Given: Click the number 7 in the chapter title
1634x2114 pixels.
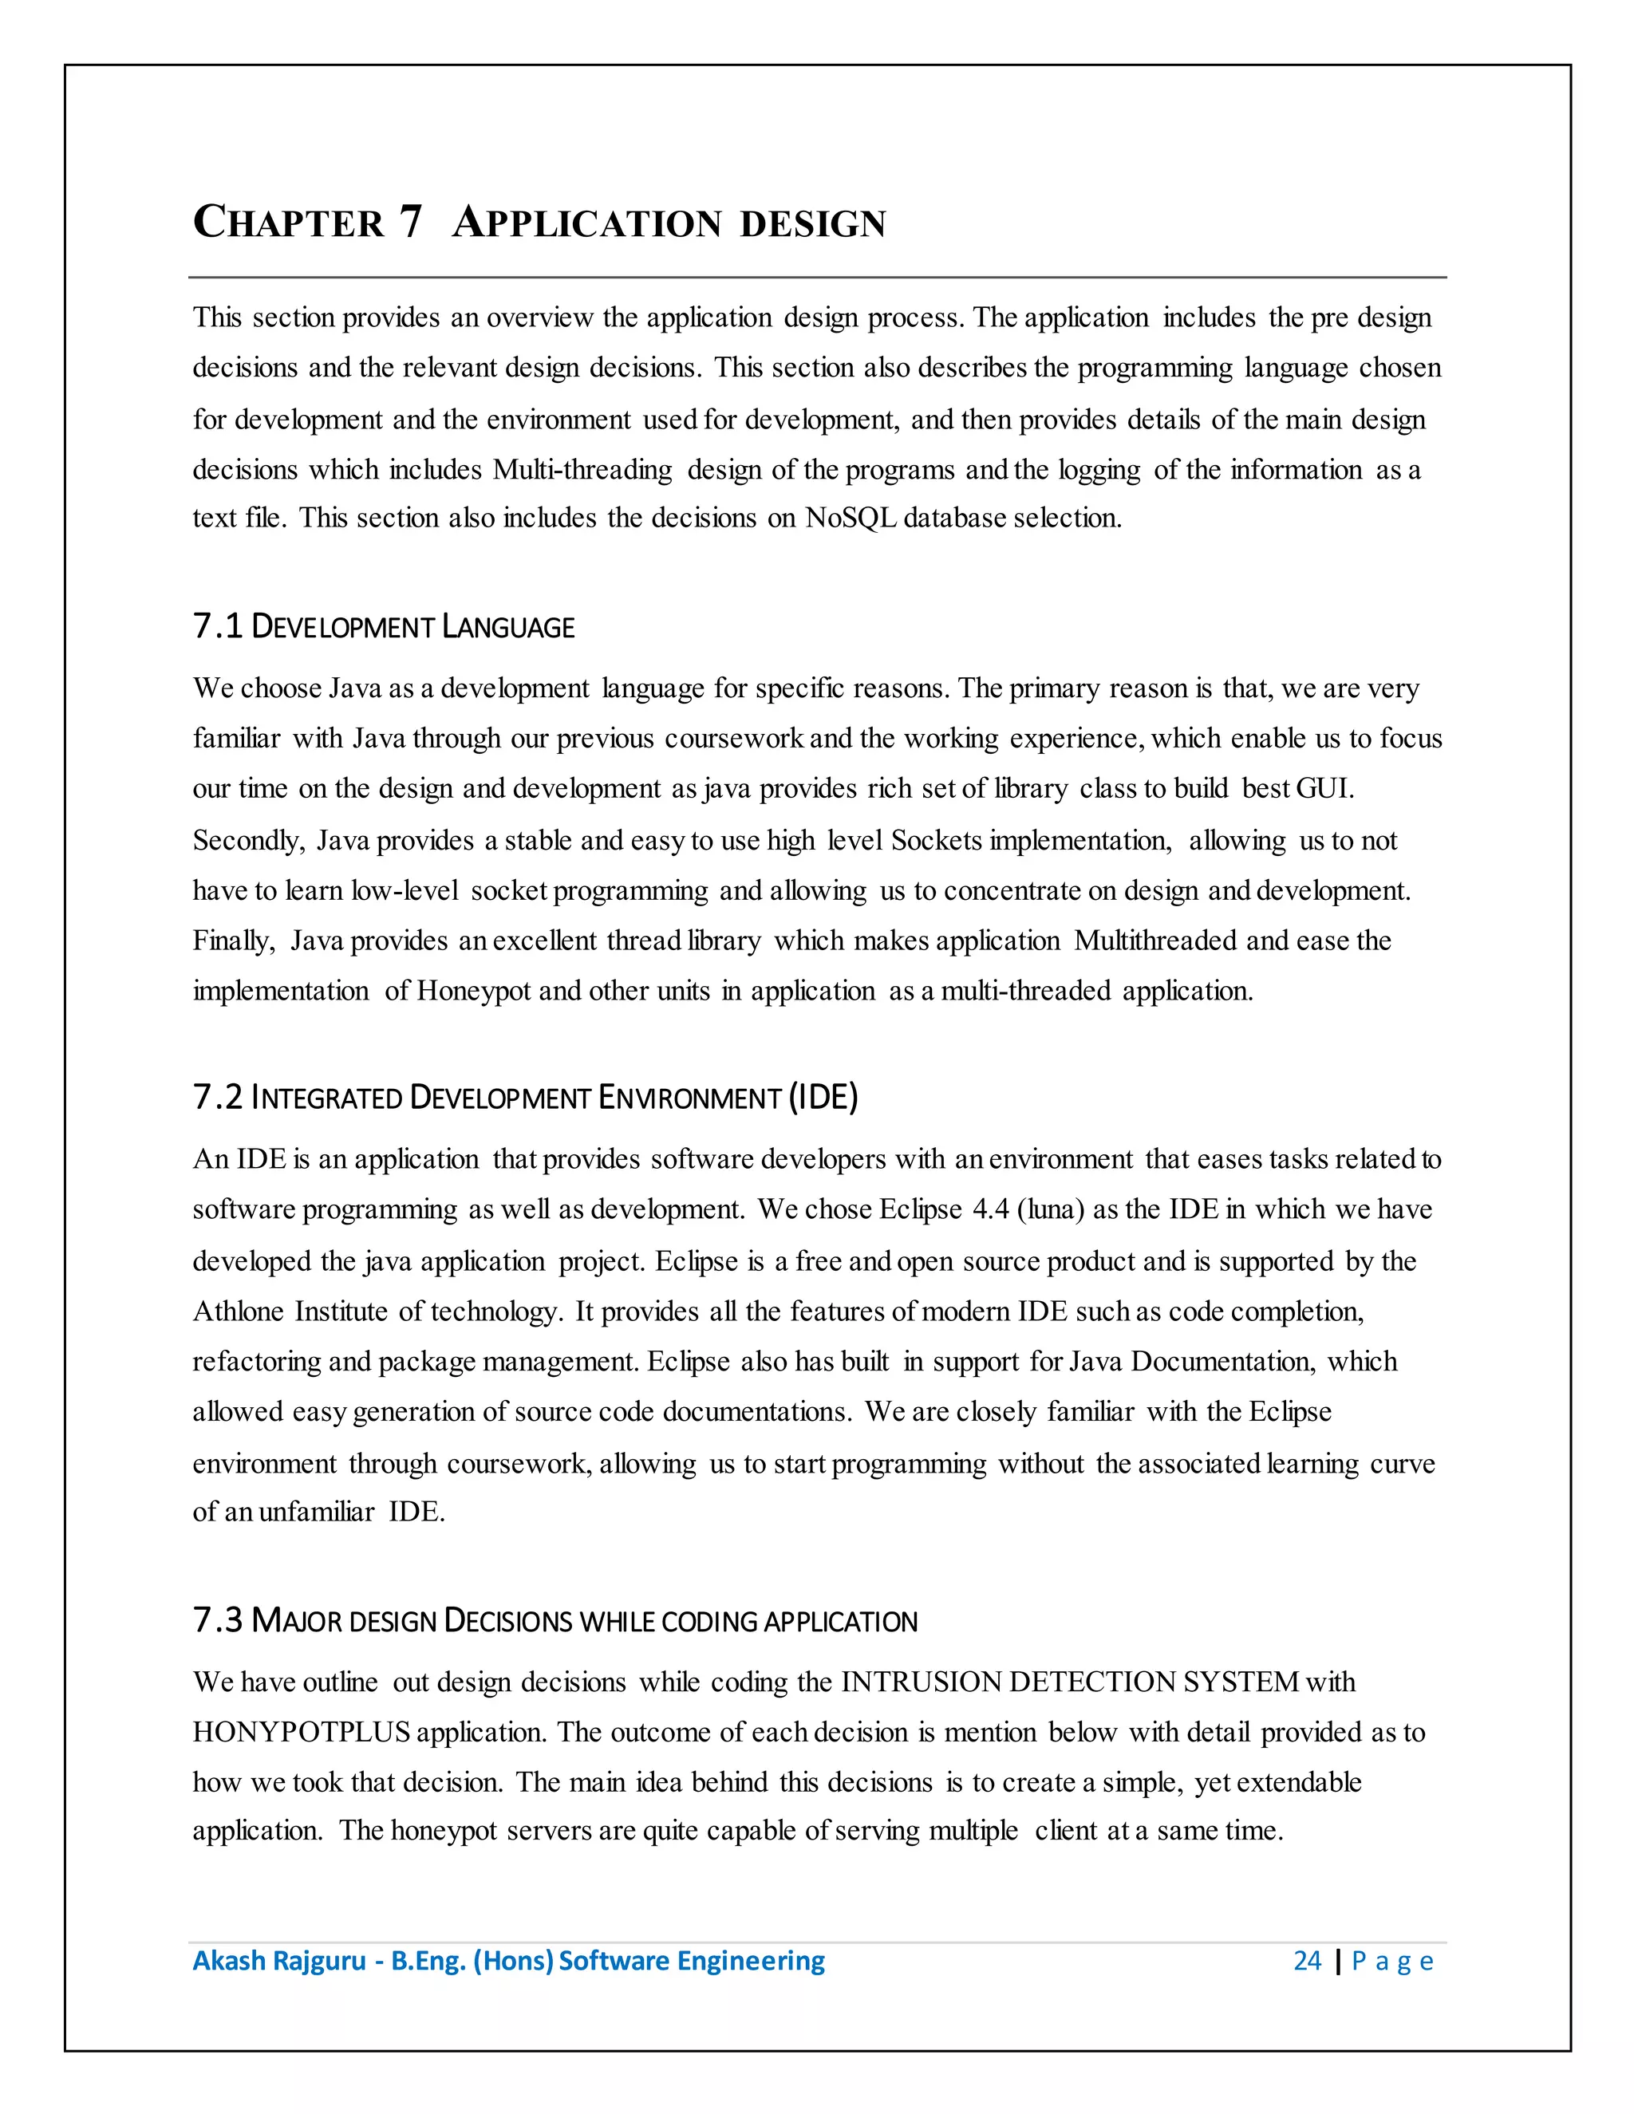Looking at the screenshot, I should tap(409, 222).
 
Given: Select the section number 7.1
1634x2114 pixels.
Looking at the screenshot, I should tap(217, 626).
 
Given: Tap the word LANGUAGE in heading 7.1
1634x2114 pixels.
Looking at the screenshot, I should tap(508, 627).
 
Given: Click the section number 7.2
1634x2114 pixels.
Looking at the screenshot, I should tap(217, 1097).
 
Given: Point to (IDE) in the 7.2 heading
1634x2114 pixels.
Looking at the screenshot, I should tap(823, 1097).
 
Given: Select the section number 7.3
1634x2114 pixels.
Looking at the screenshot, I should tap(217, 1619).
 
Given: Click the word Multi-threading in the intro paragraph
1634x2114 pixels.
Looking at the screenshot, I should tap(582, 469).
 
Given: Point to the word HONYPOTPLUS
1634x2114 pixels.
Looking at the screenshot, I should tap(301, 1732).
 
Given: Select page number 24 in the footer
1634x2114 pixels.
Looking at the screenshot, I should tap(1307, 1960).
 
